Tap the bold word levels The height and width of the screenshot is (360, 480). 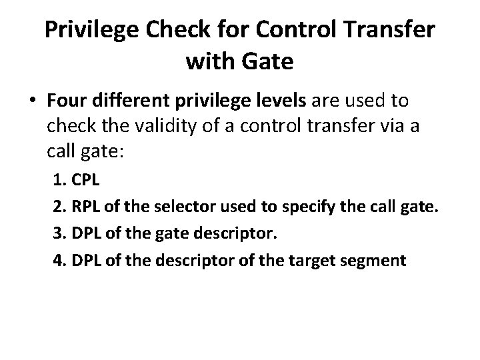pyautogui.click(x=274, y=101)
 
